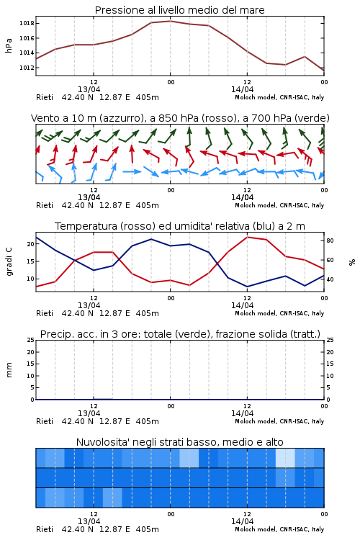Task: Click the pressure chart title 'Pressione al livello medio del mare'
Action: tap(179, 10)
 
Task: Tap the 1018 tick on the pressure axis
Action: tap(27, 24)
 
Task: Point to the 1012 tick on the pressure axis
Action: tap(27, 68)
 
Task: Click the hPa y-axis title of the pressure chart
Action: tap(9, 45)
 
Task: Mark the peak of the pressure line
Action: tap(170, 21)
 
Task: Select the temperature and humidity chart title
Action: tap(180, 226)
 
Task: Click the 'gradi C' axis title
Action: tap(9, 262)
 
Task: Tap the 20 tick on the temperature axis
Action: tap(31, 244)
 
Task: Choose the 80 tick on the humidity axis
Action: tap(330, 240)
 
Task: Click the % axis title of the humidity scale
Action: tap(352, 262)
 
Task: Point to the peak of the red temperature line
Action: tap(248, 237)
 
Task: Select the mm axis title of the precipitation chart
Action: tap(9, 370)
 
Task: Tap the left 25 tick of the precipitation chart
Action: tap(31, 341)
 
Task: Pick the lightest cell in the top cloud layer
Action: tap(285, 458)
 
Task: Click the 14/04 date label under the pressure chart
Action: tap(242, 89)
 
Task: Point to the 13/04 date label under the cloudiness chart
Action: tap(89, 521)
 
